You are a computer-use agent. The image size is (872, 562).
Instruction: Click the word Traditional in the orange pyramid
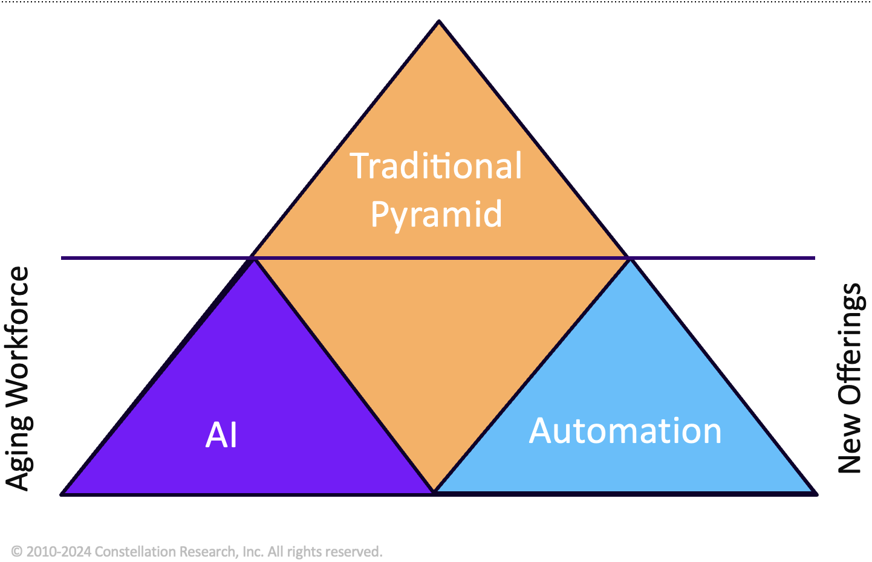tap(436, 166)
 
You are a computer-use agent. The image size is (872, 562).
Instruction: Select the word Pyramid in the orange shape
tap(436, 215)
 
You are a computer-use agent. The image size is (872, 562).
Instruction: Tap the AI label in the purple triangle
tap(221, 435)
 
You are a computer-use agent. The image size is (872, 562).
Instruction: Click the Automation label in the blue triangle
tap(625, 431)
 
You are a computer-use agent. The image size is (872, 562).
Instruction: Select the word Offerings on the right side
tap(850, 344)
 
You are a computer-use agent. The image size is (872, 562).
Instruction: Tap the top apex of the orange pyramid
tap(439, 22)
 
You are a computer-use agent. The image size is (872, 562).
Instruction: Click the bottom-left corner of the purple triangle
tap(62, 494)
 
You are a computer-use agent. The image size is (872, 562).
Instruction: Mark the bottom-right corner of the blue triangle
tap(816, 494)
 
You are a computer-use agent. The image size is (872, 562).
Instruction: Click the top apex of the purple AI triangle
tap(253, 259)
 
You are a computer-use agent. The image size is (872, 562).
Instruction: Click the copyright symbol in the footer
tap(17, 552)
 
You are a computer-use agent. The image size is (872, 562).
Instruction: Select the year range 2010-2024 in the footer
tap(59, 552)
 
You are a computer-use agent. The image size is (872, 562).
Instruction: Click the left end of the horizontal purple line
tap(63, 258)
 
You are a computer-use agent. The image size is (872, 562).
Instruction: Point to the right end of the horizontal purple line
tap(813, 258)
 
